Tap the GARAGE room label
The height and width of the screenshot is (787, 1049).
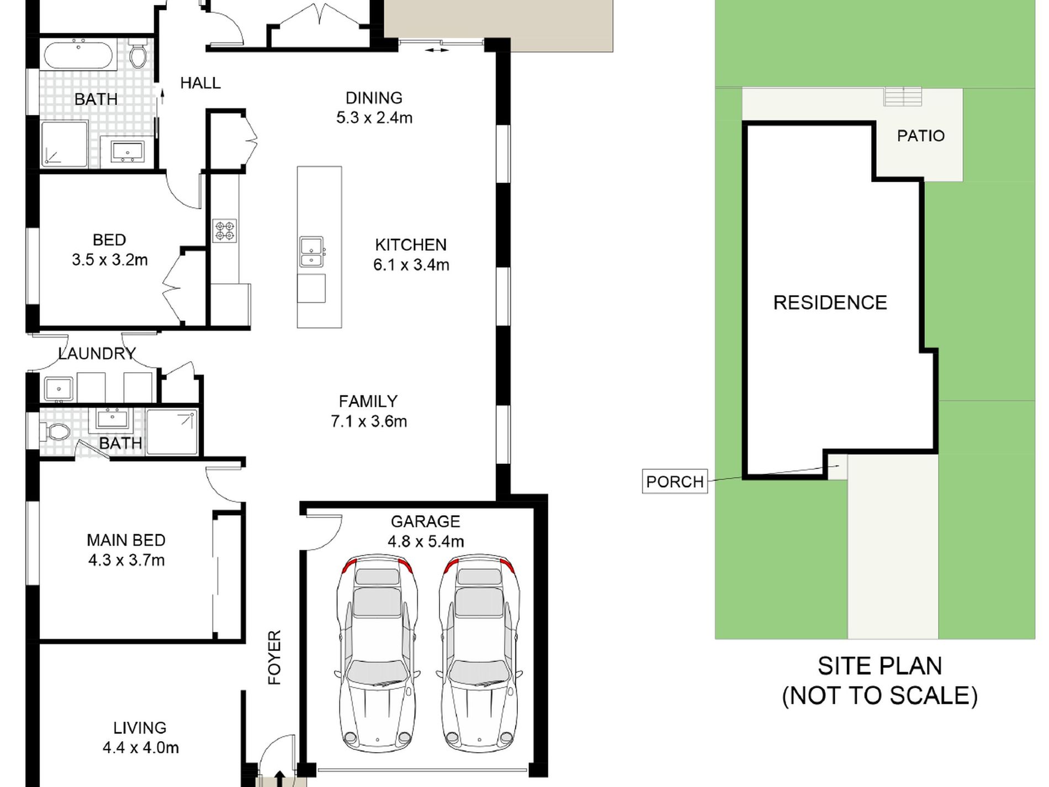425,521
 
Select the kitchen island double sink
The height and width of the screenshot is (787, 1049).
312,252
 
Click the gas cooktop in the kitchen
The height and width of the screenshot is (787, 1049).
225,230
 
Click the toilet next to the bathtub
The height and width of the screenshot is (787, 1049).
137,54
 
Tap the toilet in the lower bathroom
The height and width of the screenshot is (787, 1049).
55,431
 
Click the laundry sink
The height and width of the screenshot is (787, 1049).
59,388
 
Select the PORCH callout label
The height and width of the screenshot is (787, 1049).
675,482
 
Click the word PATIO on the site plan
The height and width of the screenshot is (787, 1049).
920,136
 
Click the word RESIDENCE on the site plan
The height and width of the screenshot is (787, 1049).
830,303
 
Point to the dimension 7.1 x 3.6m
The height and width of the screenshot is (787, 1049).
369,421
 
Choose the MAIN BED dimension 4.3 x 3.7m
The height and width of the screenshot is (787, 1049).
126,560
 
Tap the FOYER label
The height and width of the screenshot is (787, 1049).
274,657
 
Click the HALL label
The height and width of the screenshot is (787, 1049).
200,83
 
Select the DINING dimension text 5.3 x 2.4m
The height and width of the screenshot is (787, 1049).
374,118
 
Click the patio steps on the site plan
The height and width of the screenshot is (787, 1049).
903,97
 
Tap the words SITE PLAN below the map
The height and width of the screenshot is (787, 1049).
880,666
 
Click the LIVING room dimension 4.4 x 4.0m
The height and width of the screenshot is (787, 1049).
141,748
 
